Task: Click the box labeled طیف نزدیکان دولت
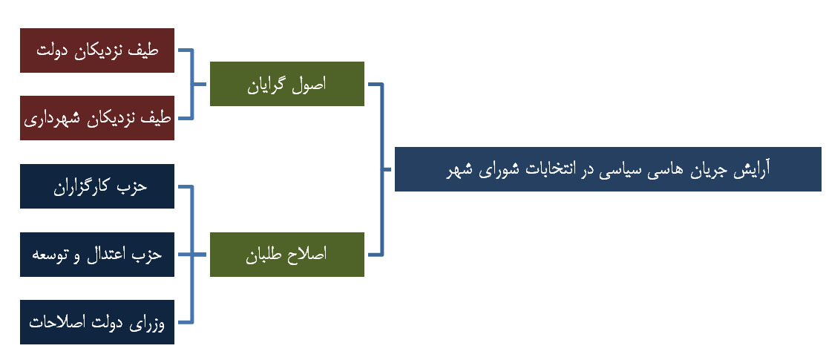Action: coord(97,50)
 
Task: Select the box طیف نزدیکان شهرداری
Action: coord(97,118)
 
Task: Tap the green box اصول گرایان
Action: coord(287,84)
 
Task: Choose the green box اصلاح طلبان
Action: coord(287,254)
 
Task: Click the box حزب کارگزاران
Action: coord(97,186)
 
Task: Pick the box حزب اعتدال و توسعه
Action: coord(97,254)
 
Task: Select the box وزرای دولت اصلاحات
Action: coord(97,322)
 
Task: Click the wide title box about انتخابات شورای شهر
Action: coord(608,169)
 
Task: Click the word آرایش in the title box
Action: coord(753,170)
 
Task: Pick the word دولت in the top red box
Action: coord(54,50)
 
